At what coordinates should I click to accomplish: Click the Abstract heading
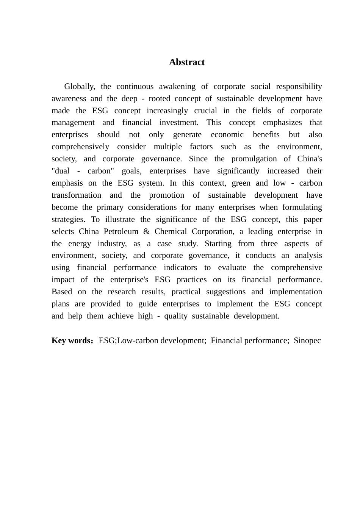coord(186,62)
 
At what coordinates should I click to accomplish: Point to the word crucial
coord(205,111)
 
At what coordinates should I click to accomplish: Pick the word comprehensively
coord(80,147)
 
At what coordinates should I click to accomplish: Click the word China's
coord(310,159)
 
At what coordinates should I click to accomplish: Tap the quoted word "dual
coord(61,171)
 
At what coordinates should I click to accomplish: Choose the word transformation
coord(77,195)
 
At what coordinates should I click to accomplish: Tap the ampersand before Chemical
coord(147,231)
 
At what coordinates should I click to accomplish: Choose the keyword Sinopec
coord(307,340)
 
